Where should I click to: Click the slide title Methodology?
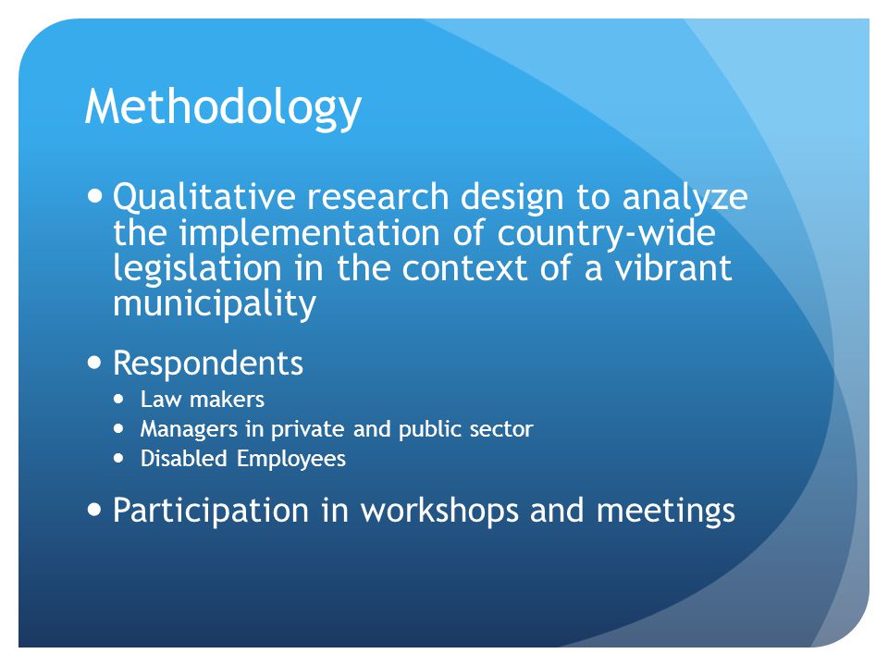(x=223, y=107)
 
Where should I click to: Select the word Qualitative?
(x=203, y=198)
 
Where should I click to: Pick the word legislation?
(x=197, y=270)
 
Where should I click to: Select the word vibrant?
(x=673, y=268)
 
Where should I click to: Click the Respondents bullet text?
(x=208, y=363)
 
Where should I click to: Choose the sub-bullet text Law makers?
(x=203, y=400)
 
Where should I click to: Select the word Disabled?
(x=183, y=459)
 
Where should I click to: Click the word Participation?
(x=211, y=512)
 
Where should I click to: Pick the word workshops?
(x=439, y=512)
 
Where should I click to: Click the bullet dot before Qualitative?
(x=95, y=196)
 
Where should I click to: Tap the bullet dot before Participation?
(x=95, y=510)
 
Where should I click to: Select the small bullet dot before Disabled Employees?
(x=118, y=458)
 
